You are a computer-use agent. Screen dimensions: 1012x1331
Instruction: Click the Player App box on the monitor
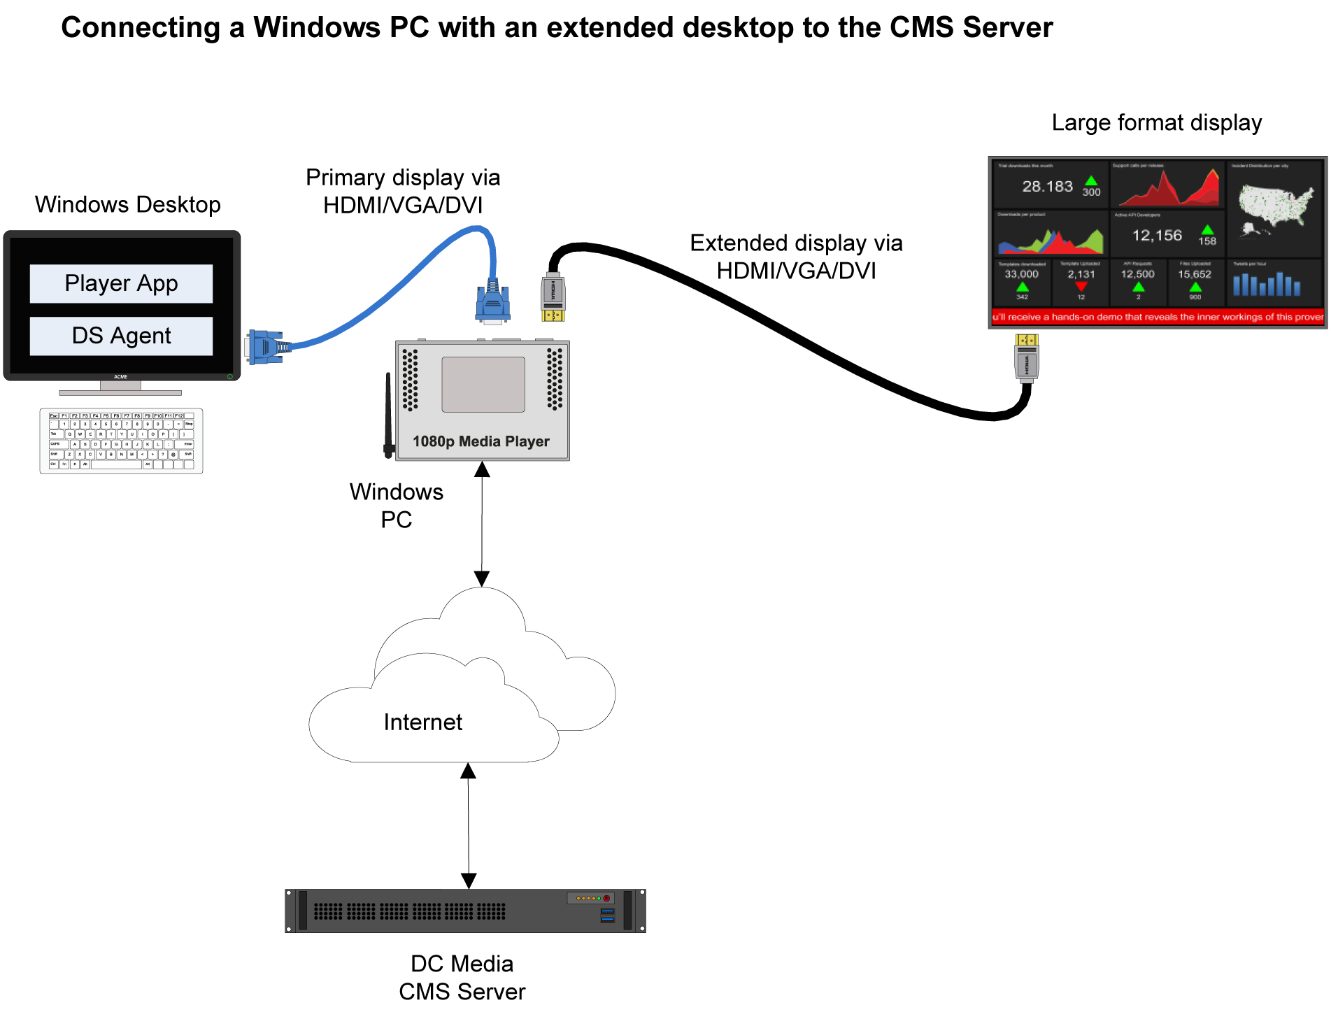click(x=121, y=283)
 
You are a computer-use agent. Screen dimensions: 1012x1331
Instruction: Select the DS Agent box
click(x=121, y=336)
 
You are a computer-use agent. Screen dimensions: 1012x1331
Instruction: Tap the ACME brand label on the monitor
click(x=121, y=377)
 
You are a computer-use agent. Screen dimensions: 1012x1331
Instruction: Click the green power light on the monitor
click(x=229, y=377)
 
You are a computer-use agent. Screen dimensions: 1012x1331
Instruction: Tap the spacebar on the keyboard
click(x=116, y=464)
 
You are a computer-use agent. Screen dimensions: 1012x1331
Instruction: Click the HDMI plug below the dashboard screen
click(x=1027, y=358)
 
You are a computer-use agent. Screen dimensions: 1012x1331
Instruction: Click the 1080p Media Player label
click(x=481, y=441)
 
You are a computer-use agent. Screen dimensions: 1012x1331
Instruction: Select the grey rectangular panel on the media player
click(x=483, y=385)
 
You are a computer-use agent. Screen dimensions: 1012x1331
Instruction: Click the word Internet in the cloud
click(x=423, y=722)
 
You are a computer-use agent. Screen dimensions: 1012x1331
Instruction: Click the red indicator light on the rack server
click(x=606, y=898)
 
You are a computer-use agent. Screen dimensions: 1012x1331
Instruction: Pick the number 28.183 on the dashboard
click(x=1047, y=187)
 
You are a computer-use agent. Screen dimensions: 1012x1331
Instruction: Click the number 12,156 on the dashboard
click(x=1157, y=236)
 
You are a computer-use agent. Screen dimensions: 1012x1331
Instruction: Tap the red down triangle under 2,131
click(x=1081, y=287)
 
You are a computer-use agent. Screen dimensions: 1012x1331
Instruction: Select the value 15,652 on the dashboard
click(x=1195, y=274)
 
